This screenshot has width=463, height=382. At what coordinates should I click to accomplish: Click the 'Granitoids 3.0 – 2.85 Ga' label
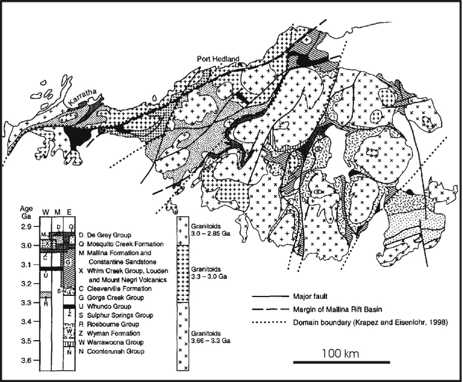[207, 230]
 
